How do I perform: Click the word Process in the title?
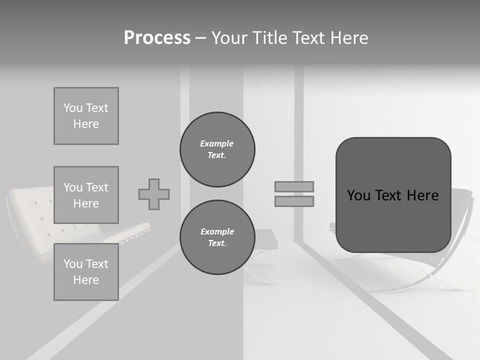pos(157,38)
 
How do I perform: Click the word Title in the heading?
pos(269,38)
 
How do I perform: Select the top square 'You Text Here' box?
pos(86,116)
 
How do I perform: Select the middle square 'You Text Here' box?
pos(86,195)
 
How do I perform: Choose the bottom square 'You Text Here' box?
pos(86,272)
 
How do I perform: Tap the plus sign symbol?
pos(154,194)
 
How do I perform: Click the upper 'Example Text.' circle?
pos(217,149)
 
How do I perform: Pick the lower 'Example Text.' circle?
pos(217,237)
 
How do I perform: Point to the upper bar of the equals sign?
pos(294,187)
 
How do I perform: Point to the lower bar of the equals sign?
pos(294,201)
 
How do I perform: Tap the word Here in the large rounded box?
pos(422,195)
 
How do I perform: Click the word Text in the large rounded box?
pos(388,195)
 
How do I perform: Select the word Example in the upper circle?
pos(217,143)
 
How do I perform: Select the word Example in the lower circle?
pos(217,231)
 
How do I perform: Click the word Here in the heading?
pos(350,38)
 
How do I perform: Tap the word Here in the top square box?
pos(86,124)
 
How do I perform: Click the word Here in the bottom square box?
pos(86,280)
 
